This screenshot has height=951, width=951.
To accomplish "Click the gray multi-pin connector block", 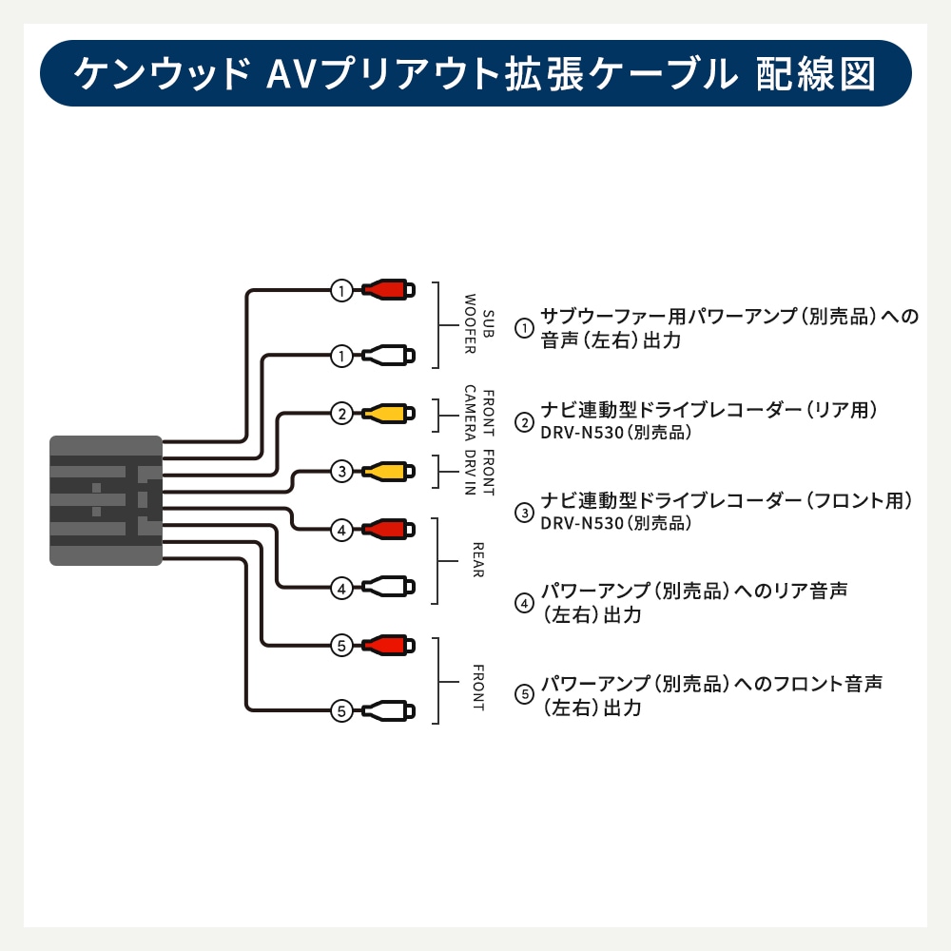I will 106,500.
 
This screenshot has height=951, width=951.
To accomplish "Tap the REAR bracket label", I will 478,560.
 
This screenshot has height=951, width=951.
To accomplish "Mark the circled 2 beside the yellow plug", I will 341,413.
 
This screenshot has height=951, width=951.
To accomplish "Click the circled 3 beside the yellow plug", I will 341,470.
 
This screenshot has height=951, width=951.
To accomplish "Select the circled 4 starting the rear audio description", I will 524,603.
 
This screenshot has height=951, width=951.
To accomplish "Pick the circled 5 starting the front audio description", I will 524,695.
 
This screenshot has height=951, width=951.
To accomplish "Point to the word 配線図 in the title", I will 815,73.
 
